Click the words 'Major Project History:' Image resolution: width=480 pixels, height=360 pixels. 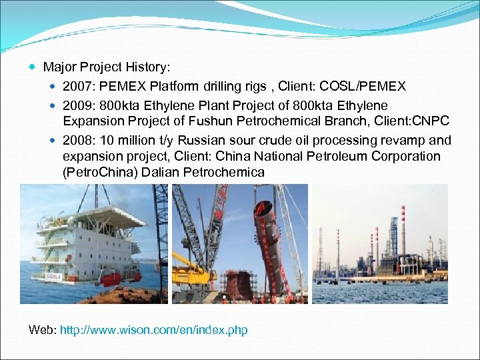pyautogui.click(x=107, y=67)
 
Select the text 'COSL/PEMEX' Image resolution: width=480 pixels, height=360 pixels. pyautogui.click(x=371, y=87)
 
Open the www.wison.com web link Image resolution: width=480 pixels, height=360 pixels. pyautogui.click(x=153, y=330)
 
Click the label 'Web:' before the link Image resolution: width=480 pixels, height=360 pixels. pyautogui.click(x=43, y=330)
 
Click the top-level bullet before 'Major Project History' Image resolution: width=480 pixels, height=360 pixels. pyautogui.click(x=34, y=67)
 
